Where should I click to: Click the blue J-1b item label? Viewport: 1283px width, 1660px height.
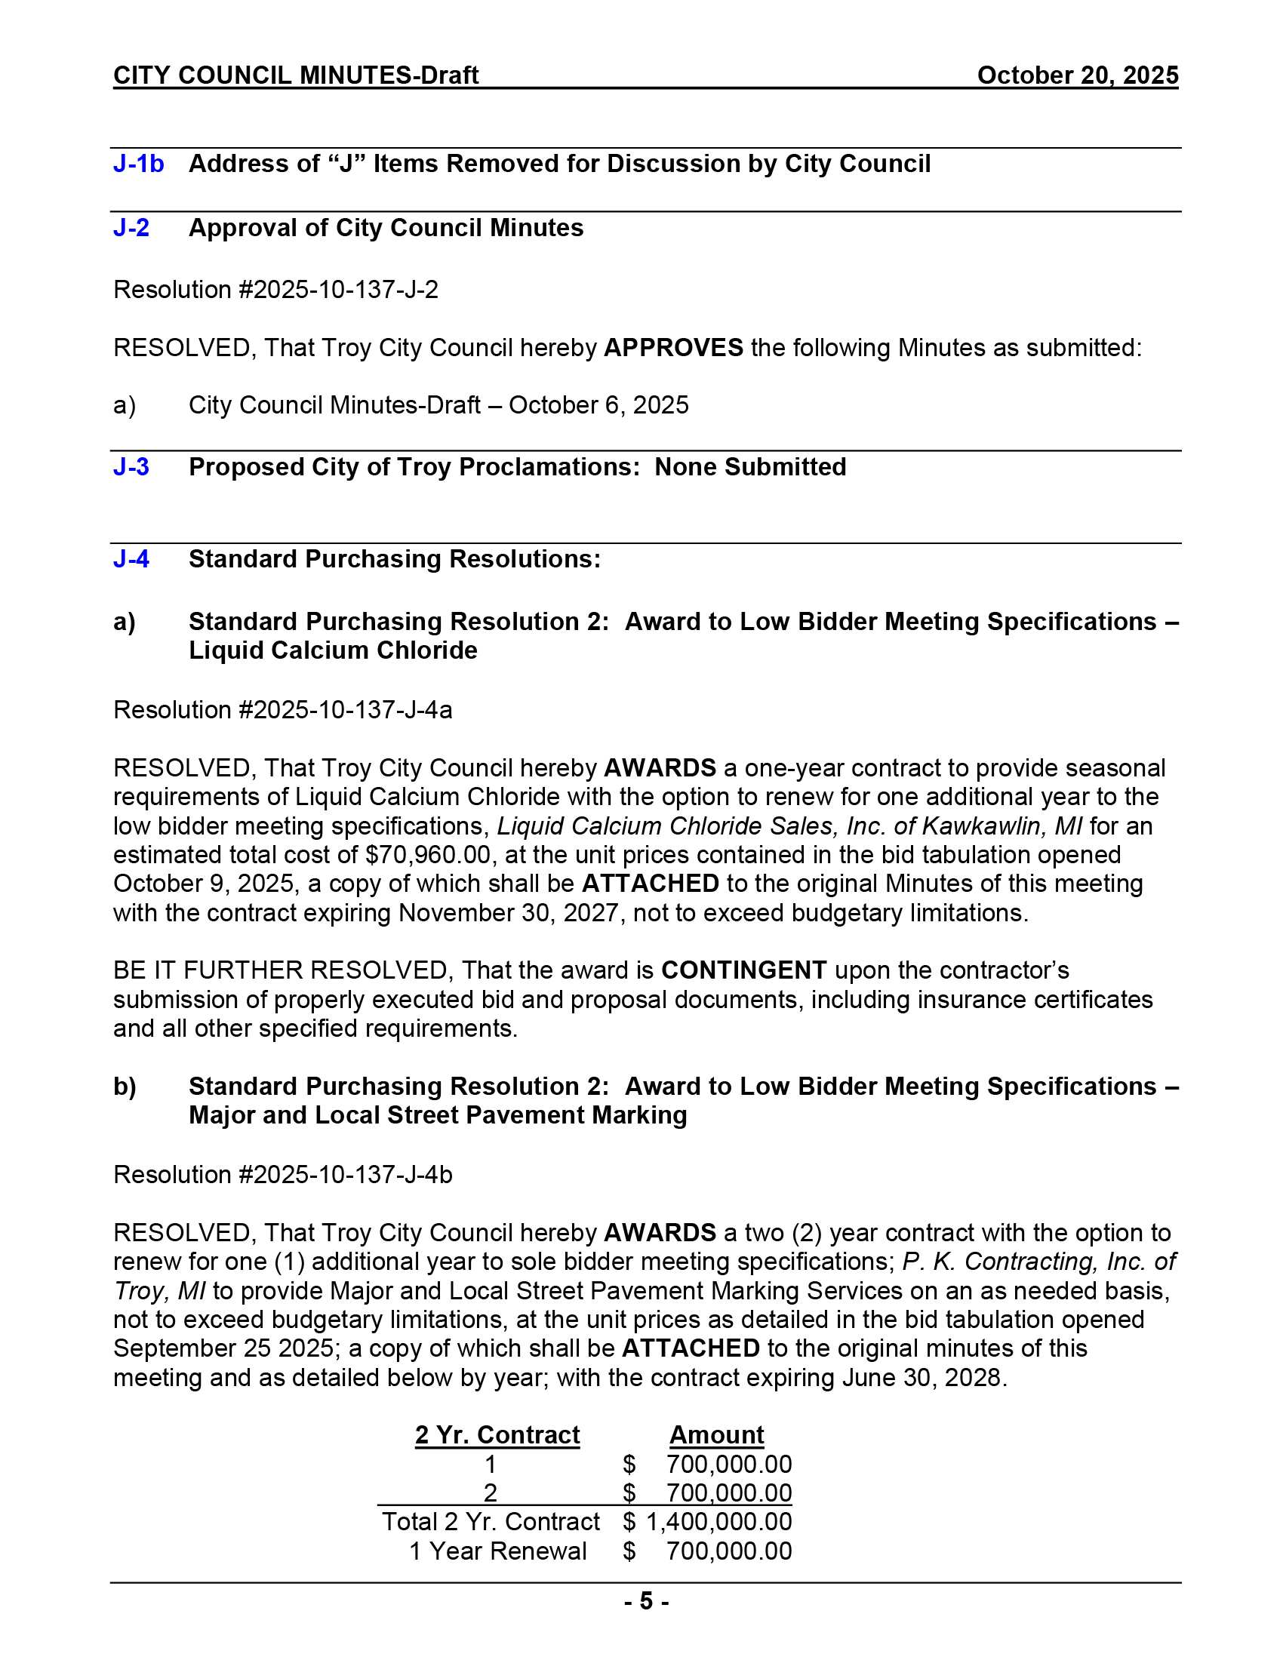[x=138, y=164]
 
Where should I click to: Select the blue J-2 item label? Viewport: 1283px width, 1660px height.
[x=131, y=228]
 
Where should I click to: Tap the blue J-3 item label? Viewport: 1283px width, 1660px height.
[x=131, y=466]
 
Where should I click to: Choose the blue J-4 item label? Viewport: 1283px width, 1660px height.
[x=131, y=559]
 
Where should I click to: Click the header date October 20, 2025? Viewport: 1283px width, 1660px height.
[x=1077, y=75]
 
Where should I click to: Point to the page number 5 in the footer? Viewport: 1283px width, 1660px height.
[x=646, y=1601]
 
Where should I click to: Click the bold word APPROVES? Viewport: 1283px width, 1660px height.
[x=672, y=348]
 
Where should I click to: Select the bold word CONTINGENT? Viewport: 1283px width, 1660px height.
[x=743, y=970]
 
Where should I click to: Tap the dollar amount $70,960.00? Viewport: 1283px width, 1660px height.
[x=428, y=855]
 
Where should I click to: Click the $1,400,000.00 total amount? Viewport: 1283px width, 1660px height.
[x=718, y=1522]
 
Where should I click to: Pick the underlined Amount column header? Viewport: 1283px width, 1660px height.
[x=716, y=1435]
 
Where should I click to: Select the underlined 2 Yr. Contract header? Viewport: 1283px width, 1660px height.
[x=497, y=1435]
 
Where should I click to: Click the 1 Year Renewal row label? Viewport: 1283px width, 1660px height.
[x=498, y=1551]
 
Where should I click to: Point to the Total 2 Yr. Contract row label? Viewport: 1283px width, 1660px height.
[x=491, y=1522]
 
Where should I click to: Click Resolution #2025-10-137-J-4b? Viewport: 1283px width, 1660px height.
[x=283, y=1175]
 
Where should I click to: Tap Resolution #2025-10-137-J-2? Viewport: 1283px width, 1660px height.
[x=276, y=290]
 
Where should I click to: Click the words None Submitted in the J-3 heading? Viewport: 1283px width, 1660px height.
[x=749, y=466]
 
